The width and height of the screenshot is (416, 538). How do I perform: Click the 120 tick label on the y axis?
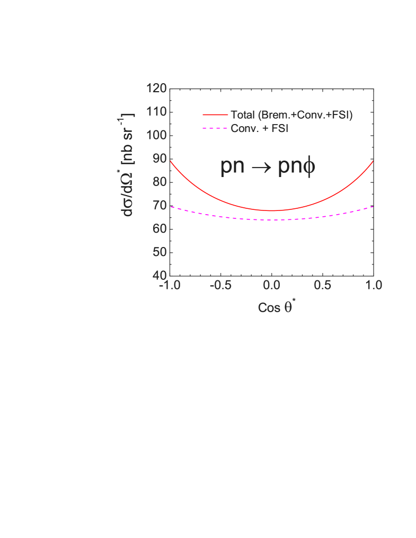(x=156, y=89)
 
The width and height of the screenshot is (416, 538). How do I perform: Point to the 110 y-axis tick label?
(x=156, y=112)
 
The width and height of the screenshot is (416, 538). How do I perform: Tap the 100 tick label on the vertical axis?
(x=156, y=135)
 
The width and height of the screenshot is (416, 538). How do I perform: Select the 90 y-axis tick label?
(x=160, y=158)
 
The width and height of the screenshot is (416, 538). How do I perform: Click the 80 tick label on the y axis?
(x=160, y=182)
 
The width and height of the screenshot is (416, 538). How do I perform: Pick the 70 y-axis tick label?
(x=160, y=206)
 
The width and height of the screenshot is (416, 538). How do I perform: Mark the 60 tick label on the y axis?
(x=160, y=229)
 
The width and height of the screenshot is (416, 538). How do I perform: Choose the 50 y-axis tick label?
(x=160, y=252)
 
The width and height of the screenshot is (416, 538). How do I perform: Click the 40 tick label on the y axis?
(x=160, y=276)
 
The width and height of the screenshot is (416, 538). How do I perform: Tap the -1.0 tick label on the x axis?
(x=169, y=286)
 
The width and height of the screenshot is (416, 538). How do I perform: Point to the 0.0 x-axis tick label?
(x=271, y=286)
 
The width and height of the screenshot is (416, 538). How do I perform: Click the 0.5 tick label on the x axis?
(x=322, y=286)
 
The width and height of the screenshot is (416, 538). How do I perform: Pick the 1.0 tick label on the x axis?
(x=373, y=286)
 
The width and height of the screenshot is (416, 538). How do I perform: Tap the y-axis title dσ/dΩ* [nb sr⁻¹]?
(x=128, y=164)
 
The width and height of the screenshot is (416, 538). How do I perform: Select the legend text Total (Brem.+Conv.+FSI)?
(x=291, y=115)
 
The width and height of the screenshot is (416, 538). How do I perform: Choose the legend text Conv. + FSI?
(x=259, y=129)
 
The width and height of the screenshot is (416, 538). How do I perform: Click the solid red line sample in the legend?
(x=216, y=115)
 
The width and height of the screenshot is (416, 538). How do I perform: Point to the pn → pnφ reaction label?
(x=268, y=166)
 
